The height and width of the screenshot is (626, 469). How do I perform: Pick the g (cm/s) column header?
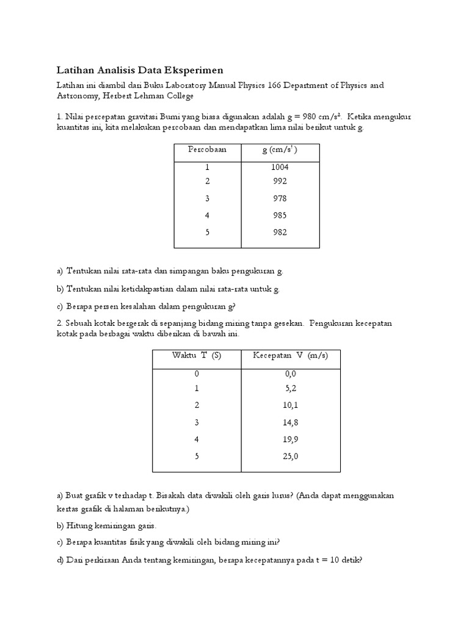(x=280, y=150)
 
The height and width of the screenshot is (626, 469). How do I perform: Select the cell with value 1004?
(x=280, y=167)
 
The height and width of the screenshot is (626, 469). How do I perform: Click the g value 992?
(x=280, y=181)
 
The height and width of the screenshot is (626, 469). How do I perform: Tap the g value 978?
(x=280, y=198)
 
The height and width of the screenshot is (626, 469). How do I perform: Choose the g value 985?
(x=280, y=215)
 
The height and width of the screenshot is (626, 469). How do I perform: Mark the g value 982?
(x=280, y=232)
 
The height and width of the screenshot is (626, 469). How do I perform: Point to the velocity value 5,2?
(x=290, y=388)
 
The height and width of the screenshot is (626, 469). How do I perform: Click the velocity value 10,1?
(x=290, y=405)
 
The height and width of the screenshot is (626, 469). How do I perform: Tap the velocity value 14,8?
(x=290, y=422)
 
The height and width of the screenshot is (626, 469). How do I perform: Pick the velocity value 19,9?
(x=290, y=439)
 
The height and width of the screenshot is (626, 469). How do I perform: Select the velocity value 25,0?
(x=290, y=456)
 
